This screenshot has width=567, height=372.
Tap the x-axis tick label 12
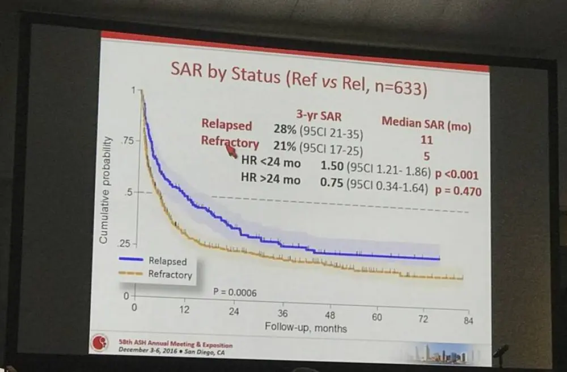pyautogui.click(x=184, y=310)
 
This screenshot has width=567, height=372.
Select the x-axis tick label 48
pyautogui.click(x=330, y=316)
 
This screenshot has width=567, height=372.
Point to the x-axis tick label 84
pyautogui.click(x=468, y=321)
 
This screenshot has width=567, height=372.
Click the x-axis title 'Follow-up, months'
pyautogui.click(x=306, y=328)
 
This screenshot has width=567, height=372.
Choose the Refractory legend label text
pyautogui.click(x=170, y=275)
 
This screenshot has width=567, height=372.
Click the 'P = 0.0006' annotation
pyautogui.click(x=235, y=293)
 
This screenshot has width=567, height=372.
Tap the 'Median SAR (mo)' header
pyautogui.click(x=426, y=123)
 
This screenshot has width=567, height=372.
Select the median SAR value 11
pyautogui.click(x=427, y=140)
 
